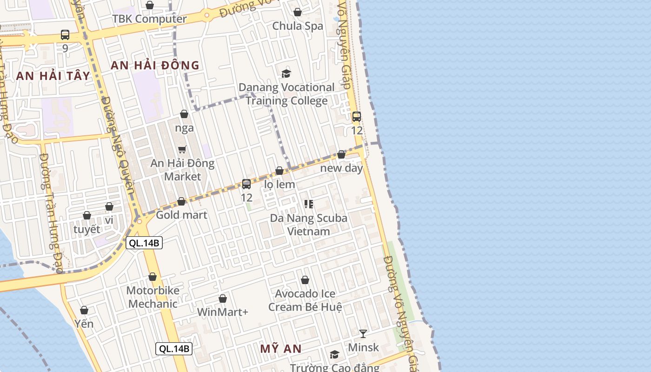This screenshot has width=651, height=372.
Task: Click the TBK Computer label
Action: tap(149, 19)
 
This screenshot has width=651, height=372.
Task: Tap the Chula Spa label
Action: tap(298, 26)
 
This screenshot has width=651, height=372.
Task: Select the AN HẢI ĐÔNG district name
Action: tap(155, 66)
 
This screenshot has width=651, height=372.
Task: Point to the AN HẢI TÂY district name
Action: tap(53, 76)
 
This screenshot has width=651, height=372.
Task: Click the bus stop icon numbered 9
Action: tap(65, 35)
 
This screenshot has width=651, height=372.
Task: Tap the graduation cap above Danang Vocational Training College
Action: tap(286, 73)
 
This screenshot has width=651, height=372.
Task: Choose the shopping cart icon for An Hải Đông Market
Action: tap(182, 149)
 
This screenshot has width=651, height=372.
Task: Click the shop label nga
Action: tap(185, 128)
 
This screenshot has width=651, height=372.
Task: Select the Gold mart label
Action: tap(181, 215)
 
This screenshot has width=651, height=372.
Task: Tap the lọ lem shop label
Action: tap(279, 184)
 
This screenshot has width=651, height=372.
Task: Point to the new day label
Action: tap(341, 168)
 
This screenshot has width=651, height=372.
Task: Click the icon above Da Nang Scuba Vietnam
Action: tap(308, 204)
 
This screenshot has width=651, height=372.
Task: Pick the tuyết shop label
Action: tap(87, 229)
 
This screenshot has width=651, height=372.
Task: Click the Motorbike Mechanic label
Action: tap(153, 297)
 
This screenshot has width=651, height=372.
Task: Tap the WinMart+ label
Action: tap(223, 312)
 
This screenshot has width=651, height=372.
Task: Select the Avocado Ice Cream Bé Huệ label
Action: tap(305, 300)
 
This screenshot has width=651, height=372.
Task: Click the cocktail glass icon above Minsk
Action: tap(363, 333)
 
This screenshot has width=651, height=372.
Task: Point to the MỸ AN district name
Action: tap(281, 349)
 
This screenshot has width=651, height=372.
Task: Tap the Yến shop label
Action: tap(84, 324)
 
